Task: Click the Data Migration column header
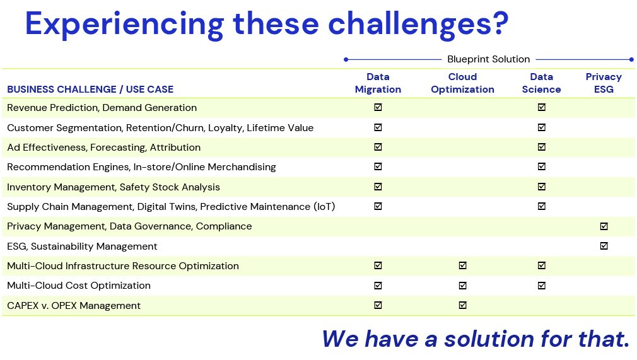click(x=378, y=83)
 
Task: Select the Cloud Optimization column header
click(x=462, y=83)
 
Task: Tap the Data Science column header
click(x=541, y=83)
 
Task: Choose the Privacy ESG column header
click(x=604, y=83)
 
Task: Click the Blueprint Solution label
click(x=488, y=59)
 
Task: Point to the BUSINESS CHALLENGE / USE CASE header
click(x=90, y=90)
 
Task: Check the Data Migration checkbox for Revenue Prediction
click(x=378, y=107)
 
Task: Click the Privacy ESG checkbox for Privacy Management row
click(x=604, y=226)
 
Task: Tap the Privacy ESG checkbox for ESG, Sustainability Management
click(x=604, y=246)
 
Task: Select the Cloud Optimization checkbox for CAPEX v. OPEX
click(x=462, y=305)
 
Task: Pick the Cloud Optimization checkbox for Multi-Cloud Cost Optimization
click(x=462, y=286)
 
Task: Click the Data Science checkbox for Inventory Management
click(x=542, y=187)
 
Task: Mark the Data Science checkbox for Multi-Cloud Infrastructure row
click(x=542, y=265)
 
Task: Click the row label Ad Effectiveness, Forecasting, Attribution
click(x=103, y=148)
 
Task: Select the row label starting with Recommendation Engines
click(x=141, y=167)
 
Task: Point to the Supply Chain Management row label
click(x=171, y=207)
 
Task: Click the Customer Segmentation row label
click(x=160, y=128)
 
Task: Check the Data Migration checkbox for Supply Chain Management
click(x=378, y=206)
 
